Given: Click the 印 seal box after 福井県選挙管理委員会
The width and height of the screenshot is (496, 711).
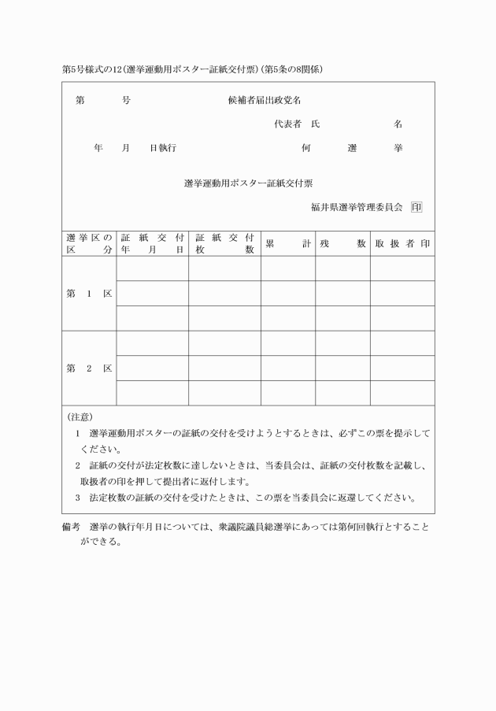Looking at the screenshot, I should [416, 208].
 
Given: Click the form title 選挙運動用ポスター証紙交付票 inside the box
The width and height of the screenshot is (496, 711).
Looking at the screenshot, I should [248, 183].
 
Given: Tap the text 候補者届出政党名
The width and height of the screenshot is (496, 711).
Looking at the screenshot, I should [265, 101].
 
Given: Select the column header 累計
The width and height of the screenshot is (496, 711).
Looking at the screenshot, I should [287, 243].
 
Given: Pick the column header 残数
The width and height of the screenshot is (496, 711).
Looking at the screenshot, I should [342, 243].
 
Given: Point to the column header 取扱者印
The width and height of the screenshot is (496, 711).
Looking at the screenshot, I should [402, 243].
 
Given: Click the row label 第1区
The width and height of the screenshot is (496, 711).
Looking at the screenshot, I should [89, 293].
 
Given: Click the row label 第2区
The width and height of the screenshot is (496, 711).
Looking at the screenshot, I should [89, 368].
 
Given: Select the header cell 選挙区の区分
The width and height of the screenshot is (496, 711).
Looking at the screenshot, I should [89, 243].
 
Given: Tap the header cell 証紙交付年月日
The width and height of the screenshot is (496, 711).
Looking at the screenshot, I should [152, 243].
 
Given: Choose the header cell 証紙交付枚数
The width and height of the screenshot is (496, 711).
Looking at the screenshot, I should [224, 243].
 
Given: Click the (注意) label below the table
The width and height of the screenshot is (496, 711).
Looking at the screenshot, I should [80, 417].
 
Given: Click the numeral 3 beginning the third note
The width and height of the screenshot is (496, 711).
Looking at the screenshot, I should [78, 498].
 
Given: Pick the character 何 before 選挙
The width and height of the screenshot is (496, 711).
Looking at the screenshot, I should [306, 148].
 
